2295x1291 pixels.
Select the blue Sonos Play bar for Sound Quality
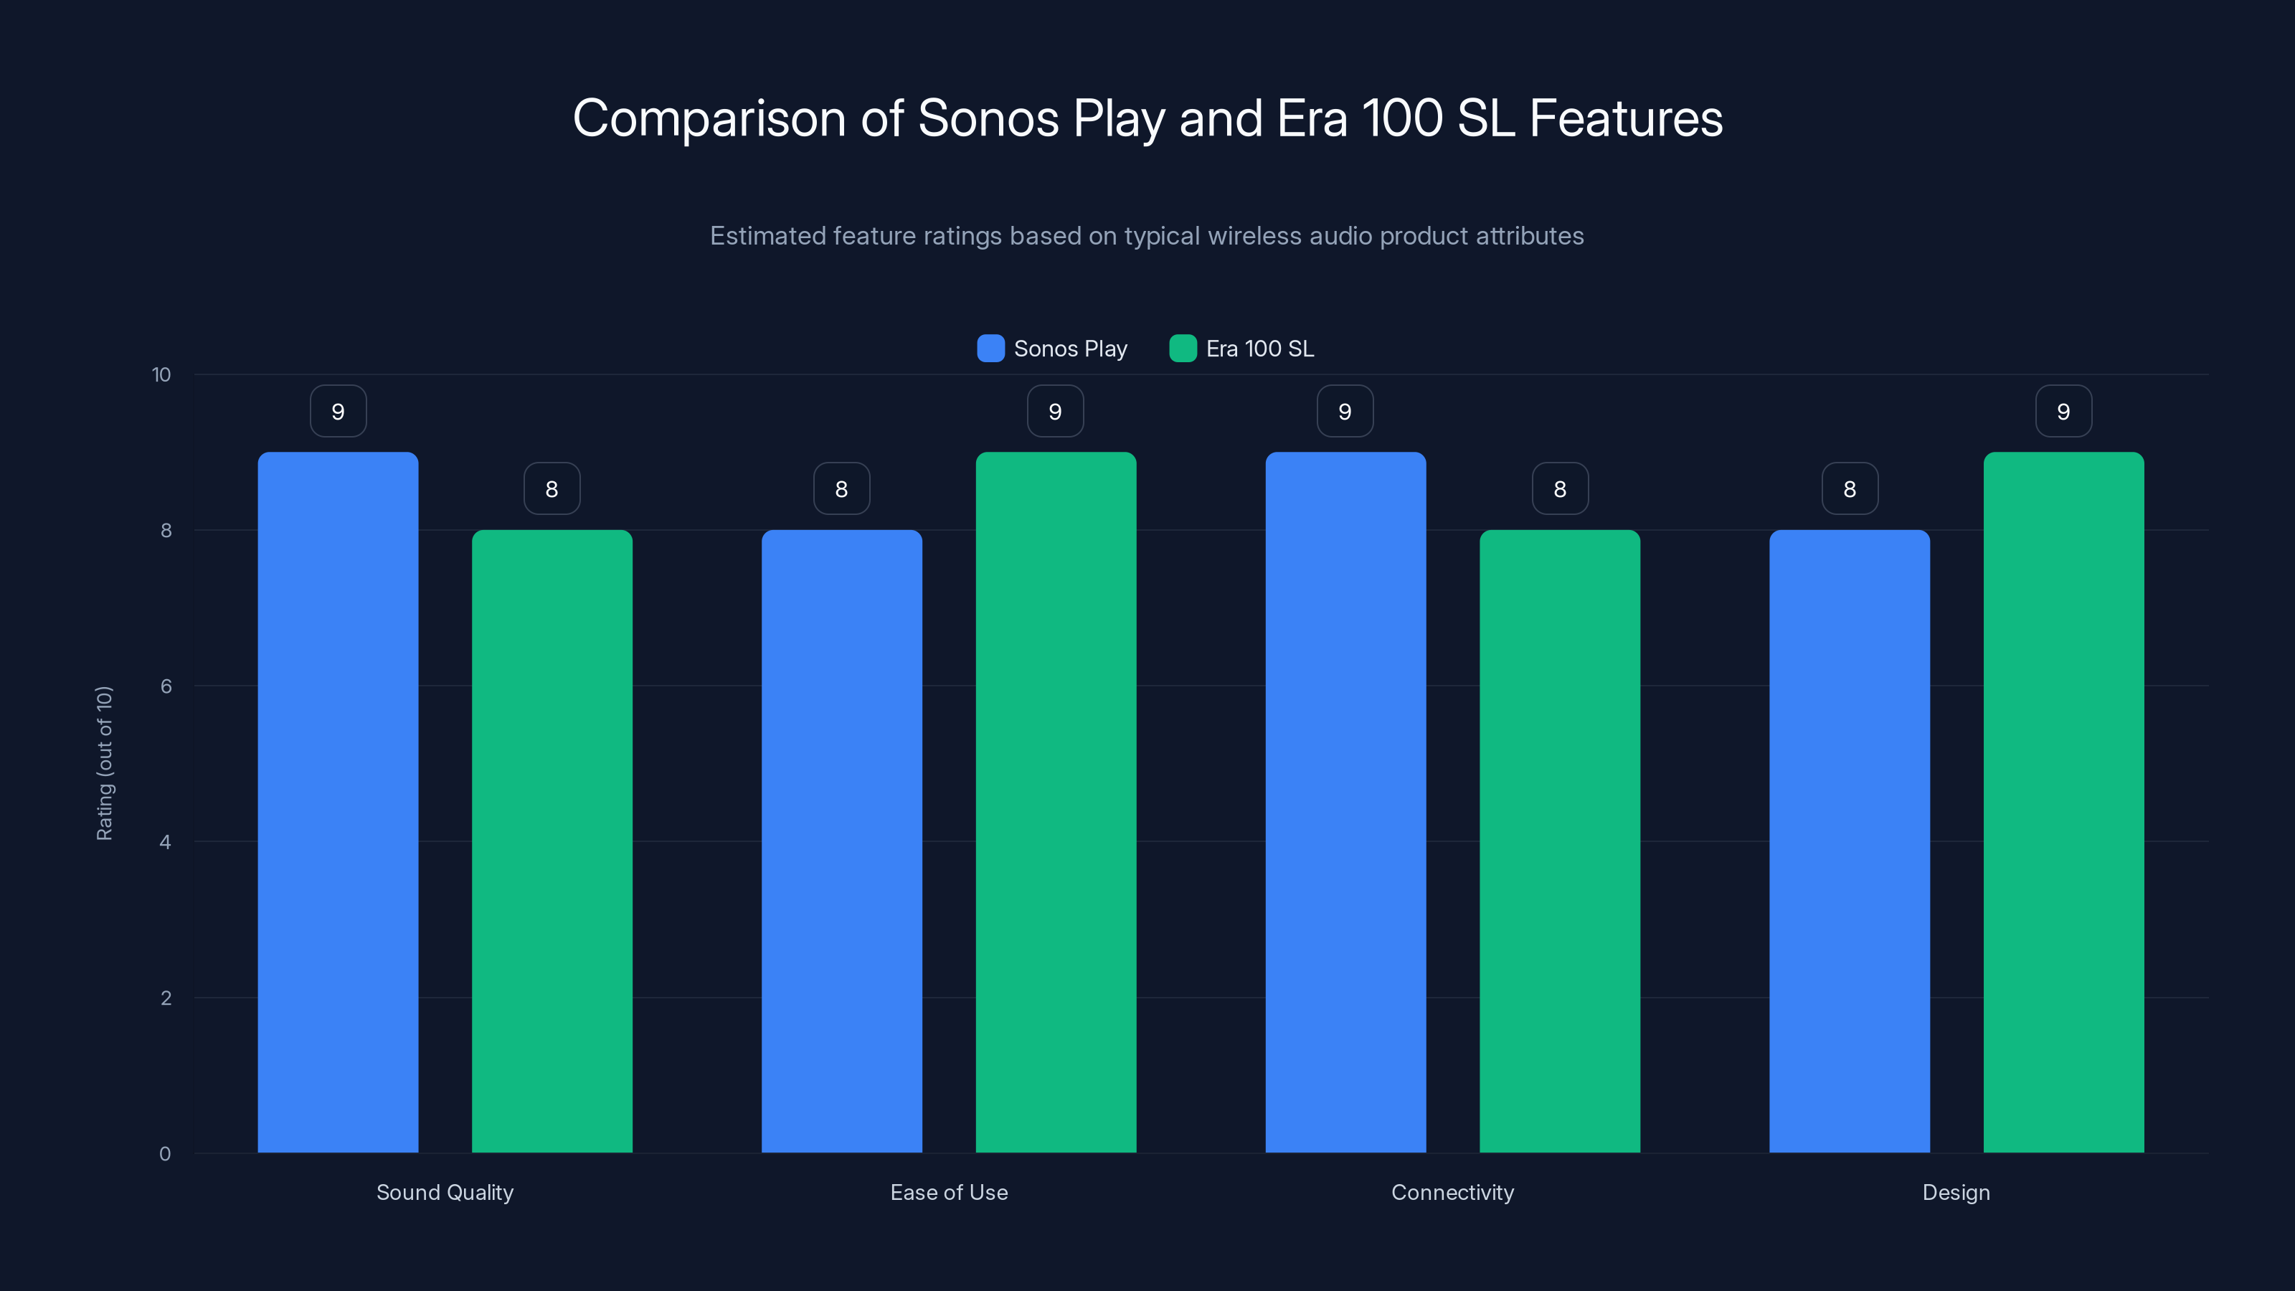[x=338, y=802]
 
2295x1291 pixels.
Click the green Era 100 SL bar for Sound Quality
[x=552, y=841]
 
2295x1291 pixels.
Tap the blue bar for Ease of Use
[x=841, y=841]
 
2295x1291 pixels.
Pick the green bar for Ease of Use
[x=1056, y=802]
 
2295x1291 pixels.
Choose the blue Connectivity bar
[x=1345, y=802]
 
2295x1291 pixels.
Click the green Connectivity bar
[x=1559, y=841]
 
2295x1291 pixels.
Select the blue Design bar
[x=1850, y=841]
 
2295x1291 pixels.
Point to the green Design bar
[x=2063, y=802]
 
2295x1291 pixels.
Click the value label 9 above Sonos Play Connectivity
[x=1345, y=412]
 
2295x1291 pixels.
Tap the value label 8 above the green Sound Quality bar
[x=552, y=489]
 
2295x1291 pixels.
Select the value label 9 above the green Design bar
[x=2063, y=412]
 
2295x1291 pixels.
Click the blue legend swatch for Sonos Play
[x=990, y=349]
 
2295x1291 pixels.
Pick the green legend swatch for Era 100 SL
[x=1182, y=349]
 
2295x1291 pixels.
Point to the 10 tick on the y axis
[x=161, y=375]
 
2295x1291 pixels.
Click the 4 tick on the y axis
[x=165, y=842]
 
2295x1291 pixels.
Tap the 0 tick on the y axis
[x=165, y=1154]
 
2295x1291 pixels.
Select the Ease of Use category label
[x=949, y=1192]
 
